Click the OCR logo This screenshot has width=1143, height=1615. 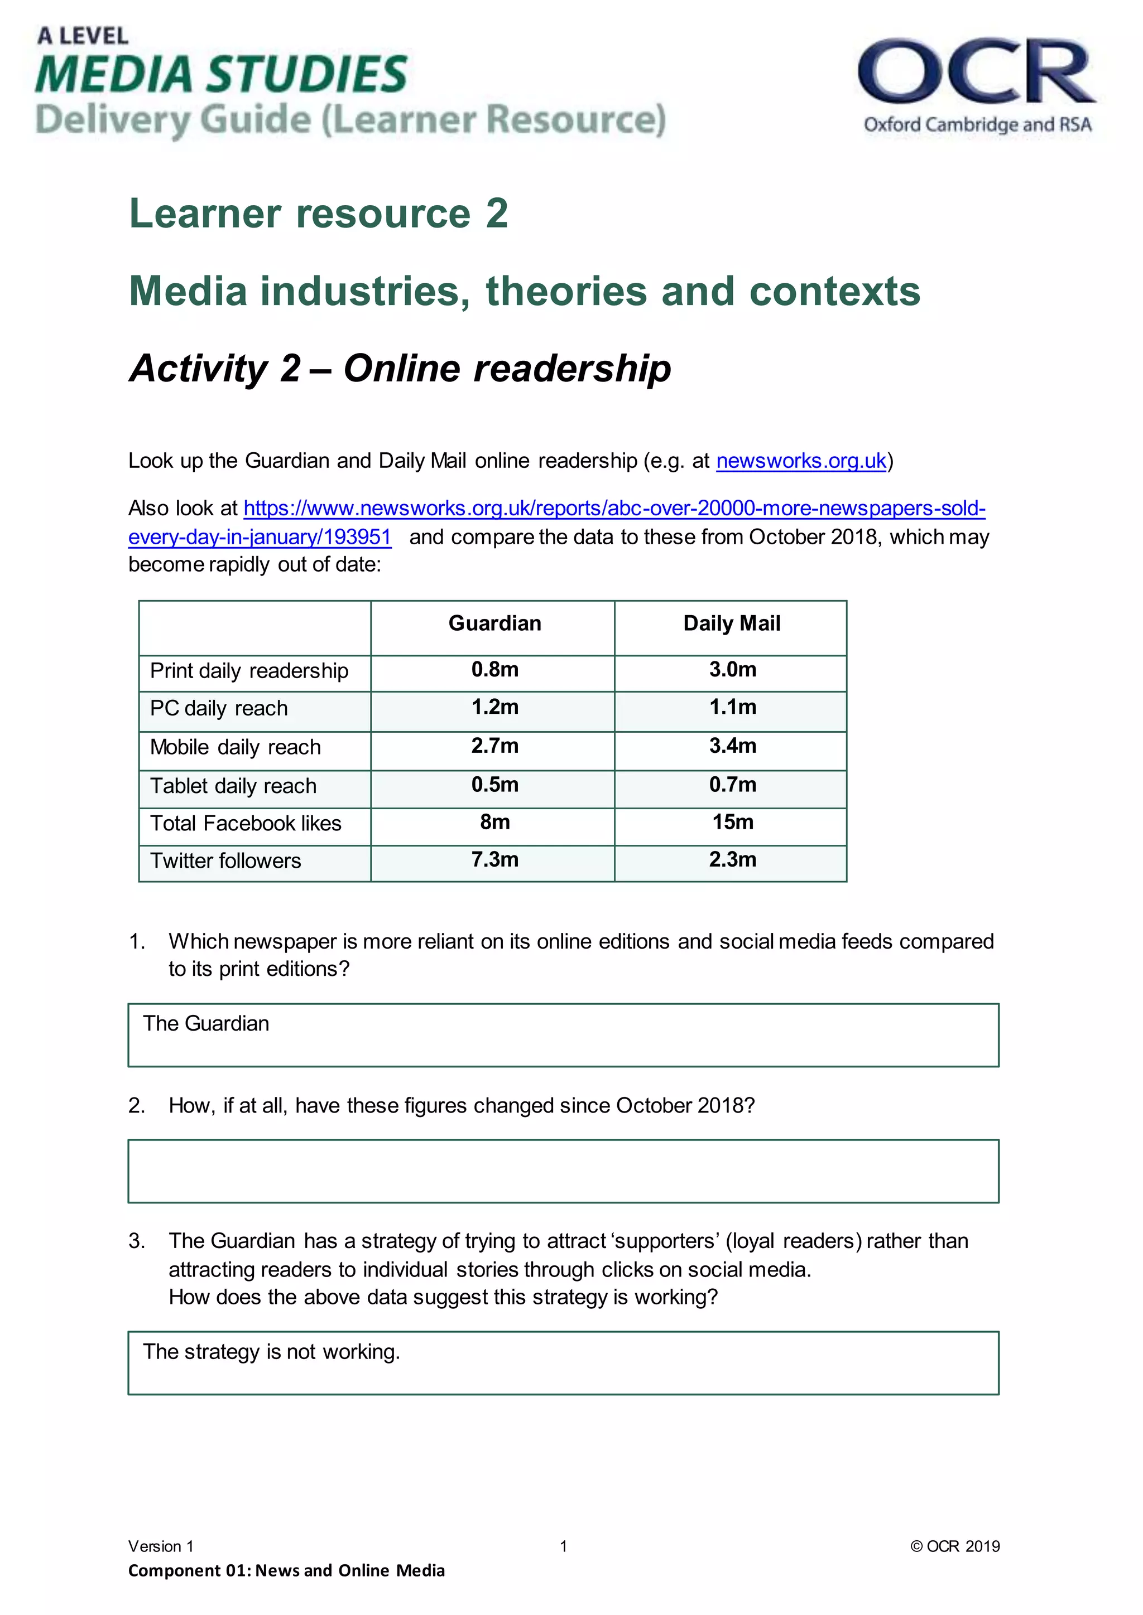point(977,84)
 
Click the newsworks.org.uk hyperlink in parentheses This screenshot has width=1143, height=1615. point(801,461)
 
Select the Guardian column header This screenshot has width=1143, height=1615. point(495,623)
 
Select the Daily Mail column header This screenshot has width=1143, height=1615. point(732,623)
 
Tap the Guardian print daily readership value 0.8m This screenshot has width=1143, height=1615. point(495,670)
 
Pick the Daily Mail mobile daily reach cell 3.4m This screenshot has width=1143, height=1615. point(733,746)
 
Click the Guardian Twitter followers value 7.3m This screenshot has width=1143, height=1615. point(495,859)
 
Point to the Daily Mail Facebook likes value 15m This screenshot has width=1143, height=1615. point(733,821)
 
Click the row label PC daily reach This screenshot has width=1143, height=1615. point(219,708)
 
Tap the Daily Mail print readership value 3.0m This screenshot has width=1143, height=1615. point(733,670)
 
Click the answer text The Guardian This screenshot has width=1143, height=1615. point(206,1023)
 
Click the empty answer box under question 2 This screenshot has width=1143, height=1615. point(563,1171)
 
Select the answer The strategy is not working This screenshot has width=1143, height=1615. point(272,1352)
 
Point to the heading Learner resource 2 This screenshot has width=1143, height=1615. point(318,213)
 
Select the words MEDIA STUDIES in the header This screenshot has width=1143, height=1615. point(222,75)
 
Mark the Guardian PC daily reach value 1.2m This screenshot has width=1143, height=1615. point(495,707)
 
